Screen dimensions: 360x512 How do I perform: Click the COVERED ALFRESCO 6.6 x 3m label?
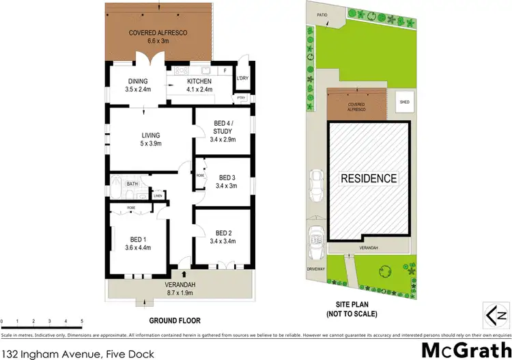coord(158,37)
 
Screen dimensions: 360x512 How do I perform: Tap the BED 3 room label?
coord(225,180)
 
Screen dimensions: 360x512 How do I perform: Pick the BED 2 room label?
coord(225,236)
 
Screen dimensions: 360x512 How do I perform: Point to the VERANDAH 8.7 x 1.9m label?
coord(181,288)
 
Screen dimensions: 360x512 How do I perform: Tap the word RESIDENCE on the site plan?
coord(369,179)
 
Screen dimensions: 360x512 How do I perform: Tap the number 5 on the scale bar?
coord(82,320)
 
